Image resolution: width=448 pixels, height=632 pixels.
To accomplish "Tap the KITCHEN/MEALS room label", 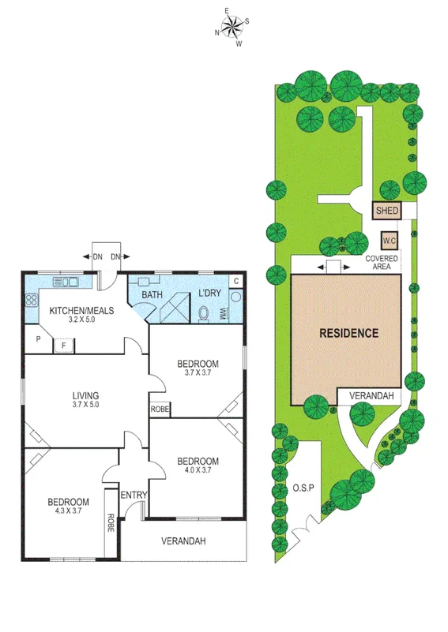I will point(82,310).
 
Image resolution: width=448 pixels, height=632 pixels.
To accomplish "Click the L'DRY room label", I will point(209,294).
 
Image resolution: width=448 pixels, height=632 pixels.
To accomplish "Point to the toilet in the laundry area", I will point(205,313).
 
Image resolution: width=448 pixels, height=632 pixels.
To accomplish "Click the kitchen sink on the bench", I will point(63,282).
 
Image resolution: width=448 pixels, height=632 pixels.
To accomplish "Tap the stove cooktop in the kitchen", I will point(32,300).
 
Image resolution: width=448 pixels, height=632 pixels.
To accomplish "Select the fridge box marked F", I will point(63,344).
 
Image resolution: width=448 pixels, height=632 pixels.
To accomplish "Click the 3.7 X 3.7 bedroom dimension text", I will point(197,372).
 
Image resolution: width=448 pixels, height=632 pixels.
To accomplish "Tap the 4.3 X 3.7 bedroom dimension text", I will point(68,511).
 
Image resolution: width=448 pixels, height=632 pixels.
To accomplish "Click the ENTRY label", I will point(134,495).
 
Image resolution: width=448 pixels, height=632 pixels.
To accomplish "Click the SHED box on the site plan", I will point(387,211).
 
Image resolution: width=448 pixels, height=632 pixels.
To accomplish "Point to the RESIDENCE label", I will point(348,333).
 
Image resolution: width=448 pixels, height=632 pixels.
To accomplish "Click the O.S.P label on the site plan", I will point(303,487).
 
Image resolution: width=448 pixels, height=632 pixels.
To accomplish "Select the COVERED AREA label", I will point(382,263).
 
